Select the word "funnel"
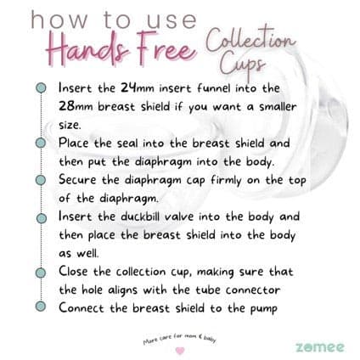click(216, 87)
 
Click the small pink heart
click(179, 350)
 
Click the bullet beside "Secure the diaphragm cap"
click(41, 180)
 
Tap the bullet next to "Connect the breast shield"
click(41, 308)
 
